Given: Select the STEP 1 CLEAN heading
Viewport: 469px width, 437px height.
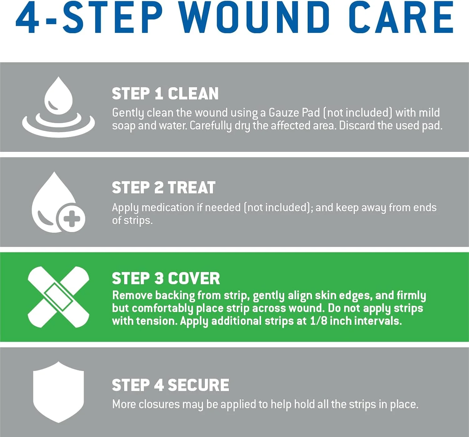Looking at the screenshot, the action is coord(165,94).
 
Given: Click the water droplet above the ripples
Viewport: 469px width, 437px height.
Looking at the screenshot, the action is coord(58,96).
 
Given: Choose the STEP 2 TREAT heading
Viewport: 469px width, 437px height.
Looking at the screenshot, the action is coord(164,188).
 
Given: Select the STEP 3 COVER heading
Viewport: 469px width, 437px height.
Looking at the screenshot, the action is coord(166,278).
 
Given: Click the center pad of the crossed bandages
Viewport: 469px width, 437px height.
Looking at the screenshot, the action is coord(58,297).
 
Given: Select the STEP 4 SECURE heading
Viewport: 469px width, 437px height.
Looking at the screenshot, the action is coord(170,385).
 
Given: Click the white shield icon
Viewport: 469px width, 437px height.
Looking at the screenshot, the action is coord(58,392).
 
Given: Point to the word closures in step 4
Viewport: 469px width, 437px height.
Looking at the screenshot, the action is coord(159,404).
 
